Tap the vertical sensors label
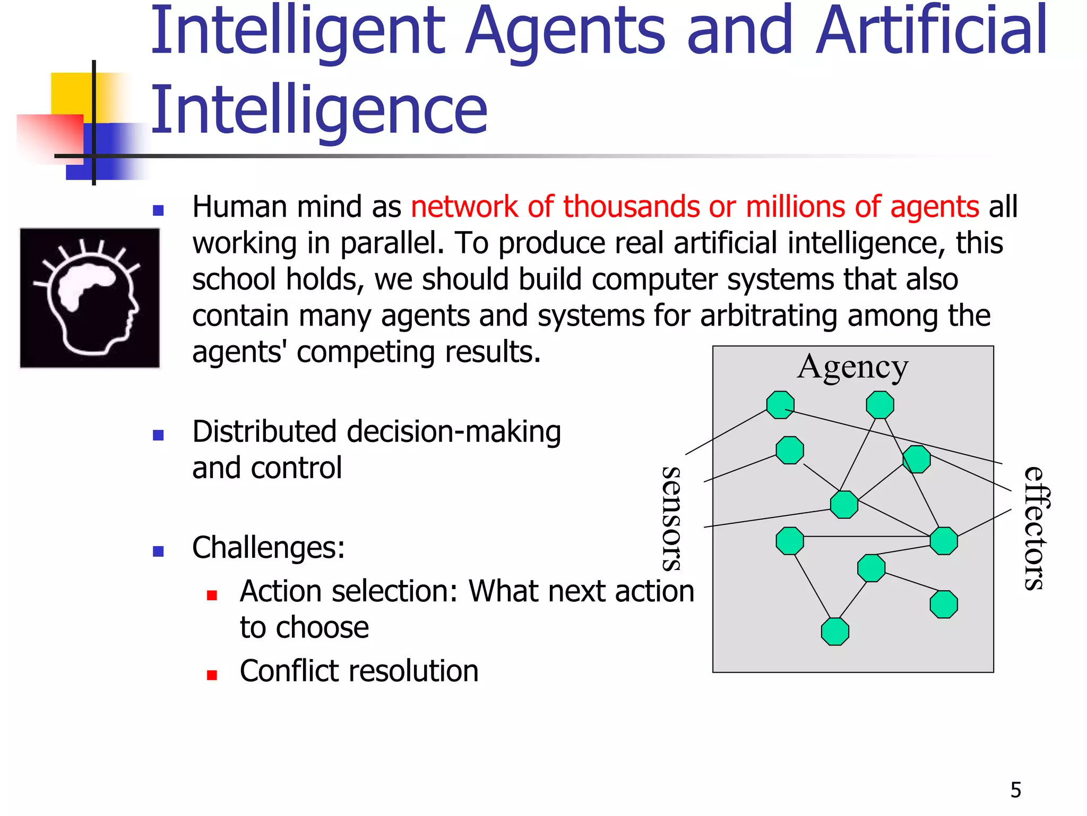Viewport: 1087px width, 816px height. [672, 519]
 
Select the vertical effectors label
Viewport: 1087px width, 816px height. [1036, 529]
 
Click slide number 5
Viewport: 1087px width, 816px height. [1015, 790]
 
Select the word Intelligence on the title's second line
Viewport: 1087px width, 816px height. [318, 110]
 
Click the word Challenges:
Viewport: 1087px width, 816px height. [269, 548]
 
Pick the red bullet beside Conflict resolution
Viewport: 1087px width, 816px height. [212, 675]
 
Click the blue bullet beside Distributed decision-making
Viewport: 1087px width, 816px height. [158, 436]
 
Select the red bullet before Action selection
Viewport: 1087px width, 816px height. [212, 596]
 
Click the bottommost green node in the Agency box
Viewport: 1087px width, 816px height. [835, 632]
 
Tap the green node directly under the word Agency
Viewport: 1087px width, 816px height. [879, 405]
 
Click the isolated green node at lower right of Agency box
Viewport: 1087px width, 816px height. [944, 605]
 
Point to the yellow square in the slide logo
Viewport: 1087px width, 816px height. [72, 93]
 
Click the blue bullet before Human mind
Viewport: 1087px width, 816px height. [158, 210]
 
